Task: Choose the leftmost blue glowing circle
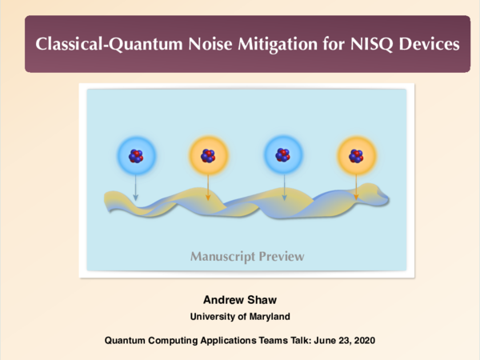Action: (x=134, y=156)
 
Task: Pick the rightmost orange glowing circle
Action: (x=356, y=157)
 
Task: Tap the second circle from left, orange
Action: (x=208, y=157)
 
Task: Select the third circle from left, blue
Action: (x=282, y=156)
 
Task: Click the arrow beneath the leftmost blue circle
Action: (x=135, y=189)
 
